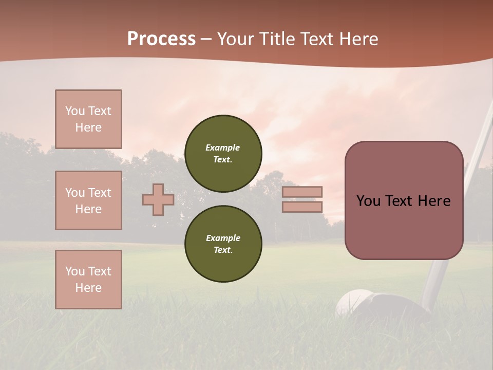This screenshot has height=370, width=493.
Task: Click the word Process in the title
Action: click(x=161, y=39)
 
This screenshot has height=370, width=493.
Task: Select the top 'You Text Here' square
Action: click(x=88, y=119)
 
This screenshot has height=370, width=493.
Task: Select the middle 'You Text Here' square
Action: click(x=88, y=200)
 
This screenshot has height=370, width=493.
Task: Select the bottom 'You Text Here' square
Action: click(x=88, y=280)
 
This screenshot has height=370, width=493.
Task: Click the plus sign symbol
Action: click(x=158, y=199)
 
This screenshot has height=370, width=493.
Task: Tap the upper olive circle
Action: click(x=223, y=153)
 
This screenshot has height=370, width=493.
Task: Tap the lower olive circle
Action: click(x=223, y=244)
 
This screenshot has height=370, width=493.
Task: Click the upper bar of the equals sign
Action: click(x=302, y=192)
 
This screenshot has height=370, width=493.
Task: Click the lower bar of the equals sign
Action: click(x=302, y=207)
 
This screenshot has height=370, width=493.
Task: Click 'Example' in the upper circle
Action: click(x=223, y=147)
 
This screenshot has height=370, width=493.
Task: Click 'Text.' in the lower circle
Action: click(x=223, y=250)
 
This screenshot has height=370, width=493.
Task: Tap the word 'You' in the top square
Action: click(x=75, y=111)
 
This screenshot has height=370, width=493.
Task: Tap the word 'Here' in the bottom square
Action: click(x=88, y=288)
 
